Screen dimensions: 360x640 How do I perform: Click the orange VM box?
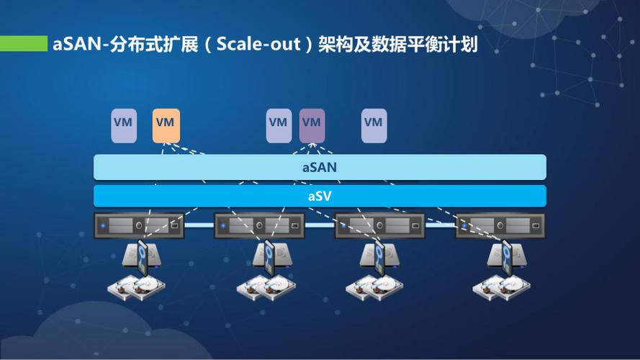point(166,125)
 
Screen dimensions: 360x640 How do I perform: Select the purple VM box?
point(312,125)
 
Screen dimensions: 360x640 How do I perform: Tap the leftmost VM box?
point(123,125)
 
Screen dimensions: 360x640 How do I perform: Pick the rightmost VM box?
point(374,125)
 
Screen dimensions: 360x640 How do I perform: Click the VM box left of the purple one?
point(278,125)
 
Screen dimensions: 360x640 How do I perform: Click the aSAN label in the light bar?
point(319,167)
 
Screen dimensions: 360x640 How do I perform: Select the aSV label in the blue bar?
point(319,196)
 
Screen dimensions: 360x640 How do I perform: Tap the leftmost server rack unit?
point(139,225)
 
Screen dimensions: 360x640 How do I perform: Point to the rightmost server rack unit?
point(500,225)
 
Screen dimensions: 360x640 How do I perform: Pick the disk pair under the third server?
point(374,289)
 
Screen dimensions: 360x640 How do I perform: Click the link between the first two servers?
point(199,225)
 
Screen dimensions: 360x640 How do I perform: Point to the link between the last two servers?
point(440,225)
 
